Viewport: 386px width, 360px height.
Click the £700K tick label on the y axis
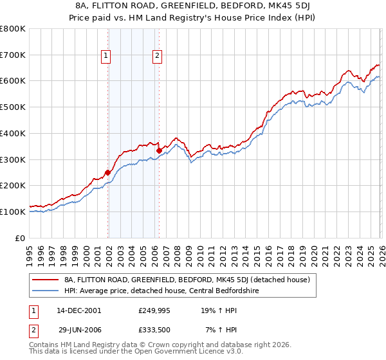point(13,55)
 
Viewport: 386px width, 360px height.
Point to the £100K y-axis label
point(13,212)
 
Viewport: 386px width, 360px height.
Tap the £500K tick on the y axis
point(13,107)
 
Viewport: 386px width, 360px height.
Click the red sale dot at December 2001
point(108,172)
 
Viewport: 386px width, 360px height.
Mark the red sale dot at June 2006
point(159,150)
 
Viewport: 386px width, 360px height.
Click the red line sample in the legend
point(45,280)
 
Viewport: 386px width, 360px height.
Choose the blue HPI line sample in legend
point(45,291)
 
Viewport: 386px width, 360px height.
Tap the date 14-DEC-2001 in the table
point(79,310)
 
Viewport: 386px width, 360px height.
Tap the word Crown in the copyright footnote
point(160,345)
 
